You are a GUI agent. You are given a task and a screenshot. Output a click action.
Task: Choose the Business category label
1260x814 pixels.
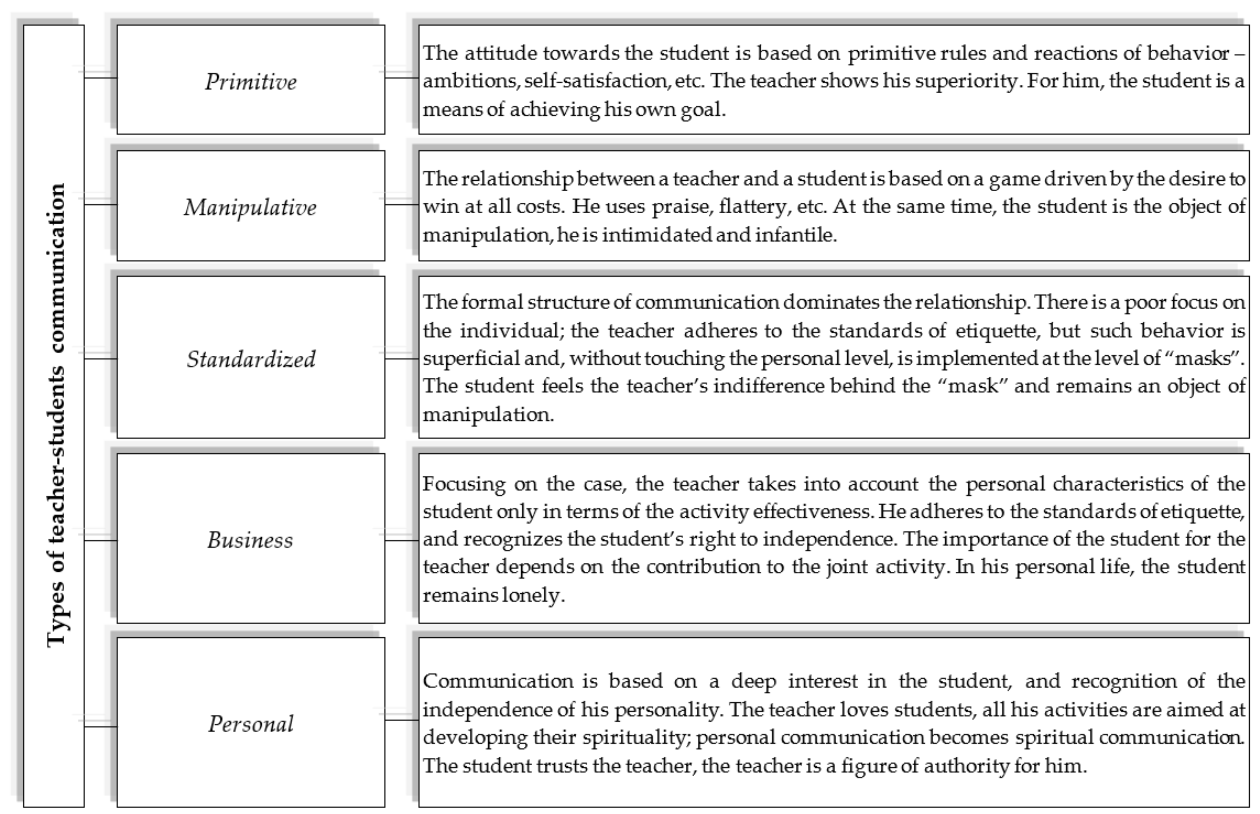[x=250, y=540]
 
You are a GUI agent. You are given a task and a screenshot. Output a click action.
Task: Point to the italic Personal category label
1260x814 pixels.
[x=251, y=724]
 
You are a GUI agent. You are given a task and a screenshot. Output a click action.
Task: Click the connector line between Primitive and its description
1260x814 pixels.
[x=402, y=78]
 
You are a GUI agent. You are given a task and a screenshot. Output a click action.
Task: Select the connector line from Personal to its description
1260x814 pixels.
[x=402, y=720]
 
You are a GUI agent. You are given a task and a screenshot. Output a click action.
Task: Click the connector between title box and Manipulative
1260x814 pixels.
[x=100, y=204]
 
